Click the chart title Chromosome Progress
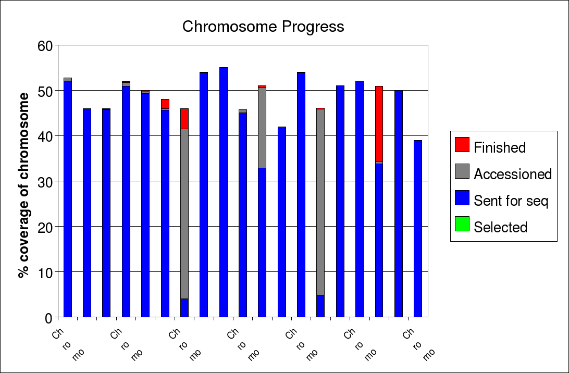[x=263, y=27]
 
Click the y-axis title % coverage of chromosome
[x=23, y=185]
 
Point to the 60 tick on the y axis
[x=46, y=46]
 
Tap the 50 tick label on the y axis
[x=46, y=91]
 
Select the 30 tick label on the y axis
[x=46, y=182]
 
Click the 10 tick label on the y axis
[x=46, y=272]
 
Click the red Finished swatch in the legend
[x=462, y=145]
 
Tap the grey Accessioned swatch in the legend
[x=462, y=171]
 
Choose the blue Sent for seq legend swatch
[x=462, y=198]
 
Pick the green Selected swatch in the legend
[x=462, y=224]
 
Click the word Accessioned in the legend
[x=512, y=174]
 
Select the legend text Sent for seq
[x=511, y=201]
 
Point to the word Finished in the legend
[x=500, y=147]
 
